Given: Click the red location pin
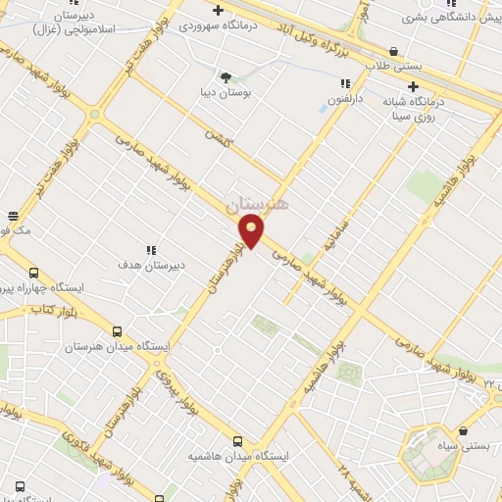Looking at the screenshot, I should click(252, 232).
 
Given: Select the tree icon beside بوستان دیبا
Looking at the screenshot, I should click(226, 75).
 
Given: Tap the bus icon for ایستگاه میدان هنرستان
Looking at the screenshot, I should click(118, 331).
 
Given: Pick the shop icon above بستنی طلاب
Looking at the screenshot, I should click(393, 51).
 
